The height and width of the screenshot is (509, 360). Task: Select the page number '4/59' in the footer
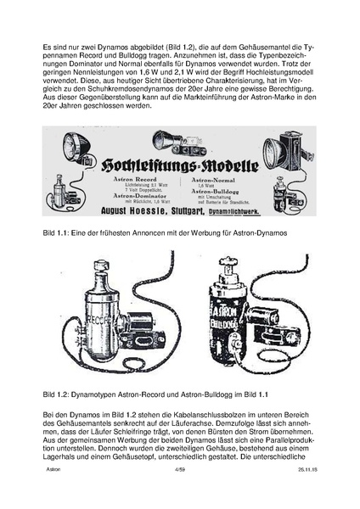point(179,492)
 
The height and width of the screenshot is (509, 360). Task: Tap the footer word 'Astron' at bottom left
point(53,492)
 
